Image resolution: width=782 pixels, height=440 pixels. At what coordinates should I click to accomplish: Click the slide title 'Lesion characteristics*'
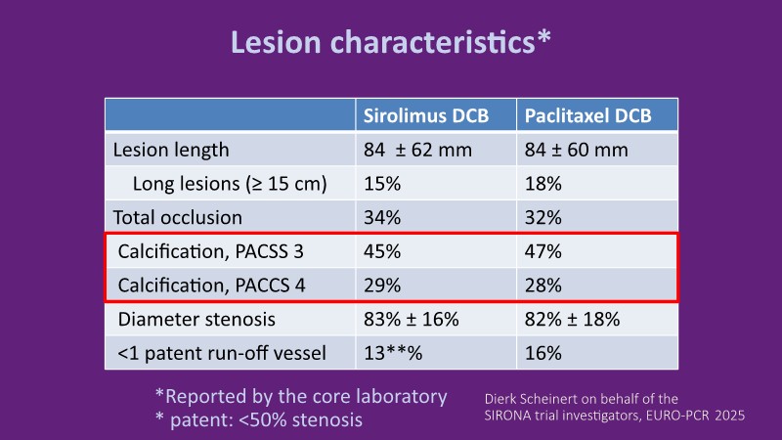coord(390,42)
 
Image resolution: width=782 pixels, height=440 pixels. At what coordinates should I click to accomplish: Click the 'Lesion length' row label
coord(171,150)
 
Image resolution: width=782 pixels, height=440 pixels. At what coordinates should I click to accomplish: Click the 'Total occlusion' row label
coord(178,217)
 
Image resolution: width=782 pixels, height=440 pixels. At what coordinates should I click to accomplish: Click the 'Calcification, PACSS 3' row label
coord(210,251)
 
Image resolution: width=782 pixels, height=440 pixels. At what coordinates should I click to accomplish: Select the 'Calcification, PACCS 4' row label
coord(210,285)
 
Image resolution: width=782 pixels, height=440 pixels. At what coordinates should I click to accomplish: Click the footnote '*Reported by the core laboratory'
coord(300,396)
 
